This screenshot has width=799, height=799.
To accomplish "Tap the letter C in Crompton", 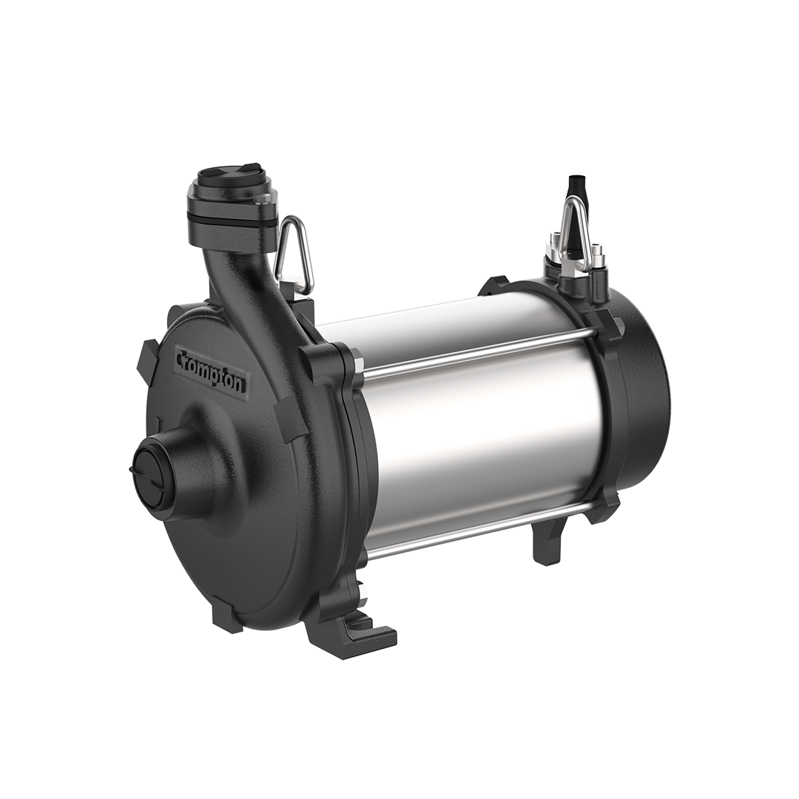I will pyautogui.click(x=181, y=357).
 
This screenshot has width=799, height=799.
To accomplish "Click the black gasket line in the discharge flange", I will pyautogui.click(x=231, y=212).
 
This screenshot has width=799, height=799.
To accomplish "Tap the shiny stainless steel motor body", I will pyautogui.click(x=481, y=436).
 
